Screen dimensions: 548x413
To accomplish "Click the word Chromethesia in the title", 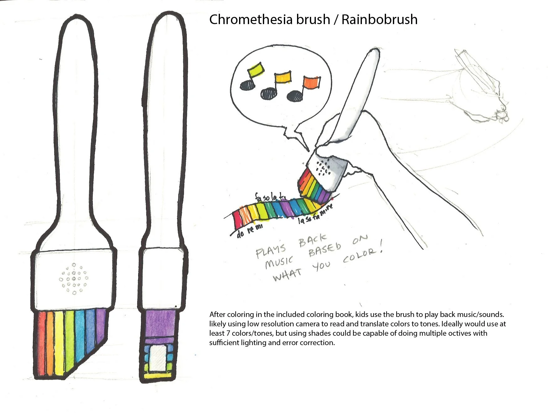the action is [x=269, y=19].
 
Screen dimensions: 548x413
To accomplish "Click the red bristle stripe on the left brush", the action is [x=41, y=344].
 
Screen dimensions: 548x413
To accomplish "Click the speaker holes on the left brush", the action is [x=74, y=278].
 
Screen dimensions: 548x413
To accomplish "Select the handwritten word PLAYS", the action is [x=271, y=250].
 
